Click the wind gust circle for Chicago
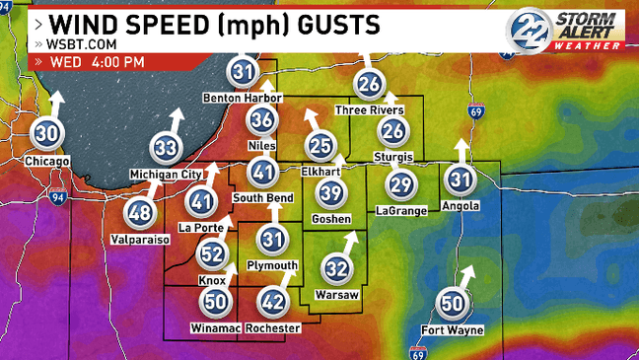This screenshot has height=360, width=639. coord(46,133)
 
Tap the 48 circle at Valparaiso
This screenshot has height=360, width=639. coord(140,212)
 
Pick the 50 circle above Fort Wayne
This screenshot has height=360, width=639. coord(453,304)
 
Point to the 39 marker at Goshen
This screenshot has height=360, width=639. coord(332,193)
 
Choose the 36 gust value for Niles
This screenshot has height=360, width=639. coord(261,120)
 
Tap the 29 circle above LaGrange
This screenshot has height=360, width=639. coord(400,184)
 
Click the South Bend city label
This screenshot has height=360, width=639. coord(262,197)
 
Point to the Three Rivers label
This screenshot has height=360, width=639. coord(370,109)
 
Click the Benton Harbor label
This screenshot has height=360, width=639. coord(243,98)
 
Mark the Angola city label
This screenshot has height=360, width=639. coord(461,205)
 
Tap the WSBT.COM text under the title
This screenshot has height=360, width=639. coord(68,44)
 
